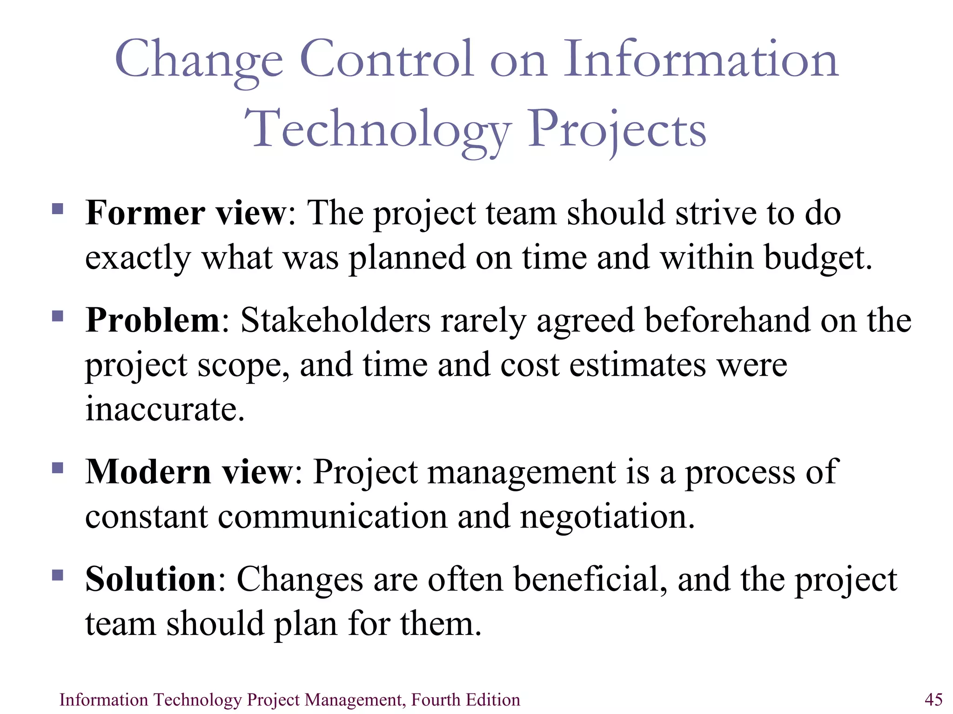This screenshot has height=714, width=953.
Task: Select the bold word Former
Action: point(145,213)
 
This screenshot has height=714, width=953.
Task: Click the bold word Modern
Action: point(148,472)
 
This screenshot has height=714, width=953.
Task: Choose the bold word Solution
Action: point(151,579)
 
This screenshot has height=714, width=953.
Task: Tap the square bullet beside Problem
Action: point(58,316)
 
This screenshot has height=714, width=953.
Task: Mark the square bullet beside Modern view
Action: point(58,467)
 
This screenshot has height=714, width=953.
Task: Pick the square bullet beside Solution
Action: point(58,575)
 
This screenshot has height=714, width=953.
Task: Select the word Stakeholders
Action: point(336,320)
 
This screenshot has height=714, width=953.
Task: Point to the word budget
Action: point(818,258)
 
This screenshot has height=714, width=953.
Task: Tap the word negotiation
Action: point(607,516)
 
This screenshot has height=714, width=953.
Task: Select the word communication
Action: point(332,516)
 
